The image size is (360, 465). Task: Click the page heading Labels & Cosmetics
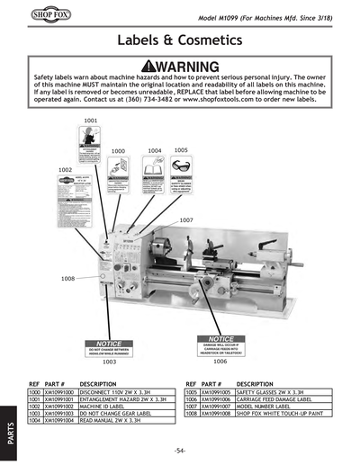tap(180, 41)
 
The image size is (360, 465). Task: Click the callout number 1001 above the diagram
tap(91, 120)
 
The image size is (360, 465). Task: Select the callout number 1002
tap(66, 169)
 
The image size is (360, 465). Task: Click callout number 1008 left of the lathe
tap(67, 279)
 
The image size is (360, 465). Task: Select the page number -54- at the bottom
tap(180, 449)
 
